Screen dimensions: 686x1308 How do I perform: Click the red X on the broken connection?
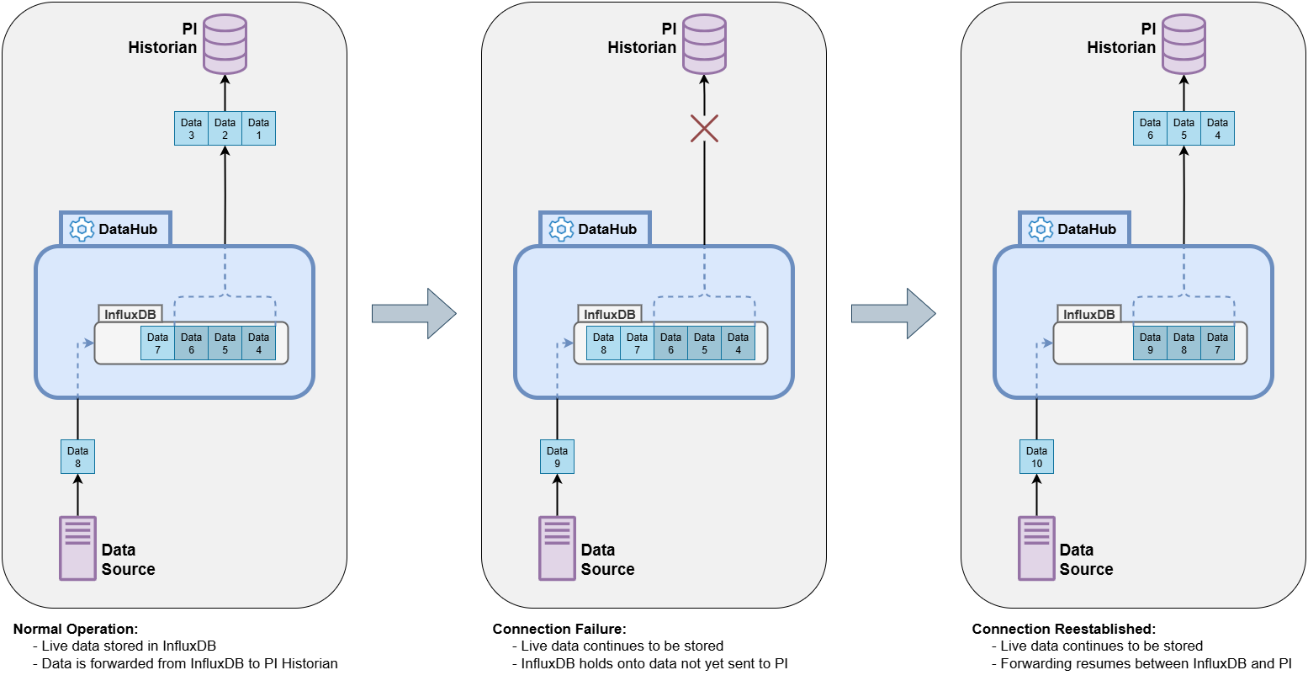pos(704,128)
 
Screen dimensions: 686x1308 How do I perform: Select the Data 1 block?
pos(258,129)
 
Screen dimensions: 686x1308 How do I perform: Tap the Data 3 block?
pos(191,129)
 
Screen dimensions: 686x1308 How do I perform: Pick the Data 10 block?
pos(1036,457)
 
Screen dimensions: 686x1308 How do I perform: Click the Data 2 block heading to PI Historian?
pos(225,129)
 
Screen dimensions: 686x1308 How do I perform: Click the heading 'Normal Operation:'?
pos(76,629)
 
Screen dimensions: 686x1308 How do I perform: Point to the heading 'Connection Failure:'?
pos(559,629)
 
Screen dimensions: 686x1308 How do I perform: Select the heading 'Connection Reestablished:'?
pos(1063,629)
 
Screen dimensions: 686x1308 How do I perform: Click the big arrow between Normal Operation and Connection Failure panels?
pos(414,314)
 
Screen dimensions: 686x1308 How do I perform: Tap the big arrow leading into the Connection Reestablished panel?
pos(893,314)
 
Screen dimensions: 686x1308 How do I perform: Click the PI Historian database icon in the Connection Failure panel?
pos(704,44)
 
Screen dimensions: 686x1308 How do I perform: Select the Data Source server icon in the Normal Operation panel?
pos(77,548)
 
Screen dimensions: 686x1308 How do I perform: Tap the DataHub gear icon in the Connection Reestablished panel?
pos(1041,229)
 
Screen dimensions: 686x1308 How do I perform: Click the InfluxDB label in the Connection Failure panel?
pos(609,314)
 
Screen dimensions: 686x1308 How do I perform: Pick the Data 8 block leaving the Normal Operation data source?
pos(77,457)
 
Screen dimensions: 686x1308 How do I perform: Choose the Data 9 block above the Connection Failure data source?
pos(557,457)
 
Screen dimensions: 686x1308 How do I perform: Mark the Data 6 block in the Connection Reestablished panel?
pos(1150,129)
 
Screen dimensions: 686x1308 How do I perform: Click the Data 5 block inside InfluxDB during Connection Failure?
pos(704,343)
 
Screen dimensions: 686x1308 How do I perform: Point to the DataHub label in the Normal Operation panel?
pos(127,229)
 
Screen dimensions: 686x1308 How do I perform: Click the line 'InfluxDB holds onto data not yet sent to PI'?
pos(654,663)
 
